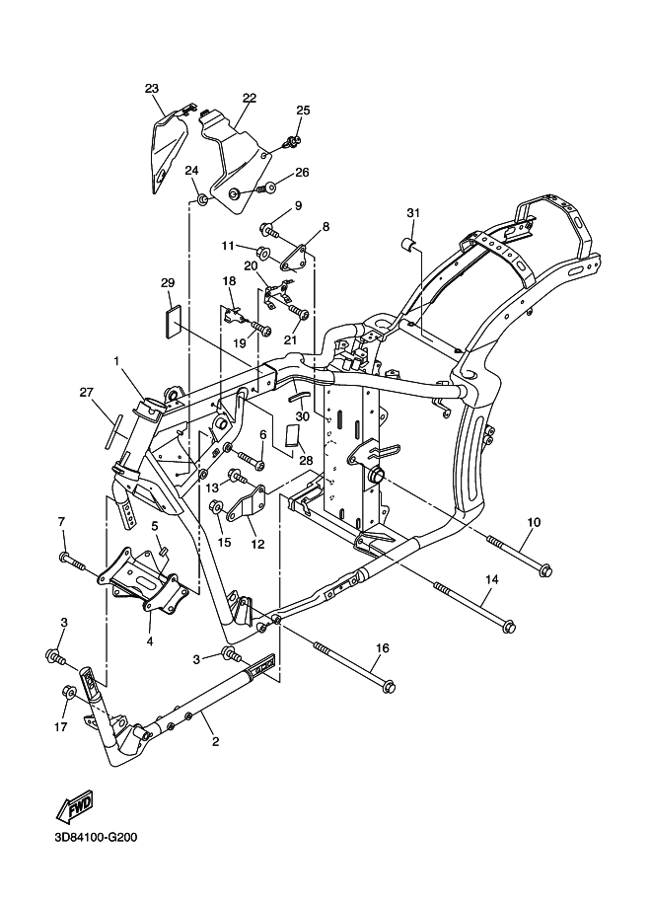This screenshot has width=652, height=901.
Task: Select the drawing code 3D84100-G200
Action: pos(96,837)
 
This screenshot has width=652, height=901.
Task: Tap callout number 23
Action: pos(152,89)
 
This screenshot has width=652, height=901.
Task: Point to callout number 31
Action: pos(413,213)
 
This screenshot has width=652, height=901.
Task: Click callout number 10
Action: pos(534,522)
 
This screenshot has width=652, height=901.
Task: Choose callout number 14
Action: pos(492,580)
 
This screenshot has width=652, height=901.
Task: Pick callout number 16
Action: pos(383,648)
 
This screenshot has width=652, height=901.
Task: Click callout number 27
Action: pos(86,393)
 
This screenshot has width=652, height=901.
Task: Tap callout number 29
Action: pos(168,283)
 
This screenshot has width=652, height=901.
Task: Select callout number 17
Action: pos(61,727)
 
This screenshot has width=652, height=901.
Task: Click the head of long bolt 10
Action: pos(544,570)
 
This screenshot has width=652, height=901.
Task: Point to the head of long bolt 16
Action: pos(389,686)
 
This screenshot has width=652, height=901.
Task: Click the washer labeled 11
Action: pos(264,253)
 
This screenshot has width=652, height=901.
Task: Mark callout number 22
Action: pos(250,99)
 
